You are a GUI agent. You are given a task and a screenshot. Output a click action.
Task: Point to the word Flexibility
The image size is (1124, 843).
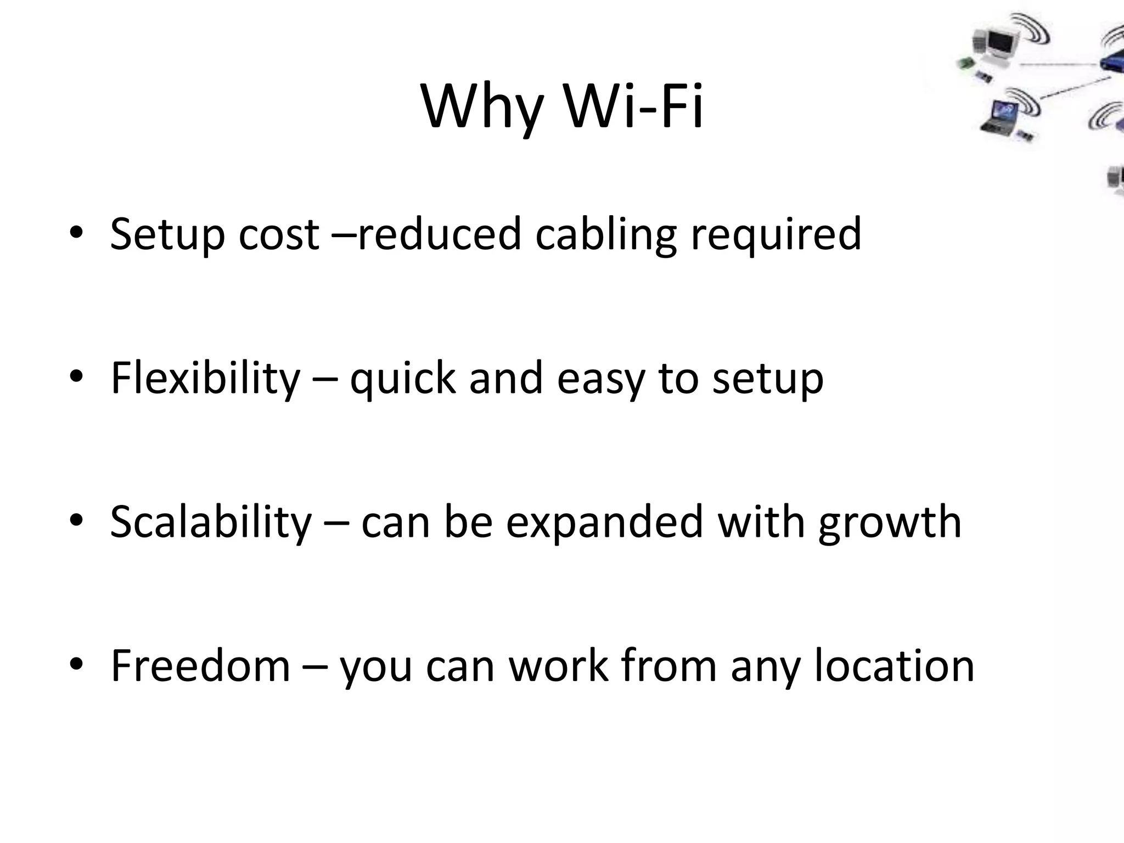point(205,378)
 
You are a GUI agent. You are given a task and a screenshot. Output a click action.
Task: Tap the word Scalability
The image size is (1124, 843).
point(211,522)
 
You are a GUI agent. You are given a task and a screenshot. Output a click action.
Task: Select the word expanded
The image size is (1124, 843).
point(604,522)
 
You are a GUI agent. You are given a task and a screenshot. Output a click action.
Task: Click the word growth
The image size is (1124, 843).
point(889,522)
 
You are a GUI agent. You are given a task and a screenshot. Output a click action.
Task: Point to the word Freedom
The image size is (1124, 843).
point(200,666)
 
